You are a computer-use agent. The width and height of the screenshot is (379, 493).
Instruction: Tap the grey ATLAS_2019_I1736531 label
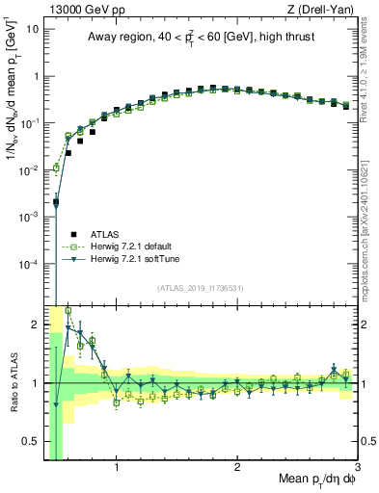point(200,287)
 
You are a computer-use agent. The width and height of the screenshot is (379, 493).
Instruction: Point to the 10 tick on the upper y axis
point(34,29)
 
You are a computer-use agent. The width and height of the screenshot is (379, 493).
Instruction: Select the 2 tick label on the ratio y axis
point(36,324)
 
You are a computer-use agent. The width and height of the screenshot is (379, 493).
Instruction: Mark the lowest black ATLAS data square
point(56,201)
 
